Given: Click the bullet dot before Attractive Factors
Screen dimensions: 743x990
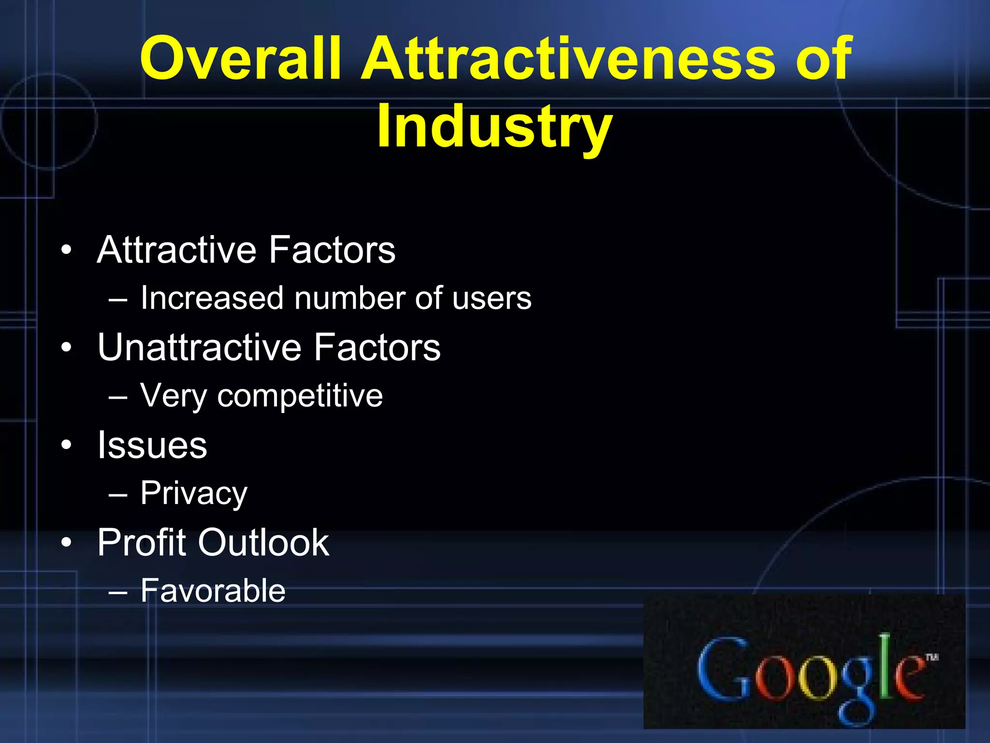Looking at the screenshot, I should point(66,251).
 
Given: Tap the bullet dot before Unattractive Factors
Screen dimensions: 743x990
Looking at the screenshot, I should point(66,348).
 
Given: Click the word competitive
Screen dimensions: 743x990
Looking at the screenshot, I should point(300,396).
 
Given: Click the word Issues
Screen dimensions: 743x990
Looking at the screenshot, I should point(152,445).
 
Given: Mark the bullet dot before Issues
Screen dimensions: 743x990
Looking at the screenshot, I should point(66,446).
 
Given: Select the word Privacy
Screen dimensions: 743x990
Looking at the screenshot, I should point(193,494).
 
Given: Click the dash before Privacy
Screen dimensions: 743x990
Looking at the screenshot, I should point(118,495).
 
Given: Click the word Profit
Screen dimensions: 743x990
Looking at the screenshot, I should point(142,543).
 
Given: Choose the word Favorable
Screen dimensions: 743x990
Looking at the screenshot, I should point(213,591).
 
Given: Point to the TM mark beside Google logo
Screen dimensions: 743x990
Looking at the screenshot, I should point(932,657).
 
